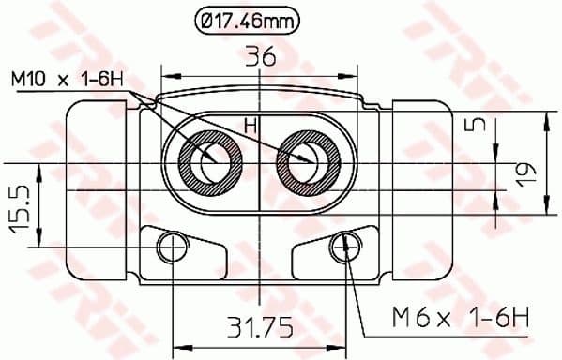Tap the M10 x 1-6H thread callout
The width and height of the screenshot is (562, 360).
(x=67, y=81)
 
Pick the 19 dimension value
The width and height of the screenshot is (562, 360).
(x=526, y=172)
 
